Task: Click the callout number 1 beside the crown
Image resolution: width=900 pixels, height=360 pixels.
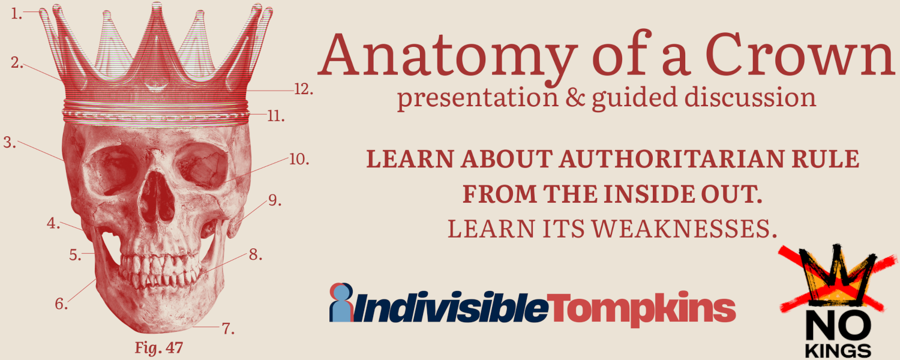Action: pos(16,14)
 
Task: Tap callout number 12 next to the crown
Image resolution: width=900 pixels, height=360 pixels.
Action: pos(304,89)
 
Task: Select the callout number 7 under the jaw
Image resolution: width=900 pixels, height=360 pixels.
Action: pos(228,329)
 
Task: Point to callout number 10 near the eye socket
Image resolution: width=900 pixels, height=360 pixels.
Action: pos(299,160)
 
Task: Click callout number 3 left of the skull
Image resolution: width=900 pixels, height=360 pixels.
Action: pos(10,142)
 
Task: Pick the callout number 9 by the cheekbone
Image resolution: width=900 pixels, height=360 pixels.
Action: pos(275,200)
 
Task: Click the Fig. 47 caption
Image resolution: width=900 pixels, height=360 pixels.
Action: pos(159,348)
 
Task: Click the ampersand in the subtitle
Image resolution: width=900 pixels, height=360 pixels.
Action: pos(575,98)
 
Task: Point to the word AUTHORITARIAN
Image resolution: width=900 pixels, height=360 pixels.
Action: pos(671,159)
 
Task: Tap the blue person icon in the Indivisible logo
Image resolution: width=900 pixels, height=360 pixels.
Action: pos(341,303)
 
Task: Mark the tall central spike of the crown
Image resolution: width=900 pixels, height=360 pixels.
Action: pos(156,40)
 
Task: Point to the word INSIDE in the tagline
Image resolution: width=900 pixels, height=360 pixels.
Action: pos(649,194)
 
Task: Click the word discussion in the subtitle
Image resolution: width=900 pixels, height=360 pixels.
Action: pos(750,98)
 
